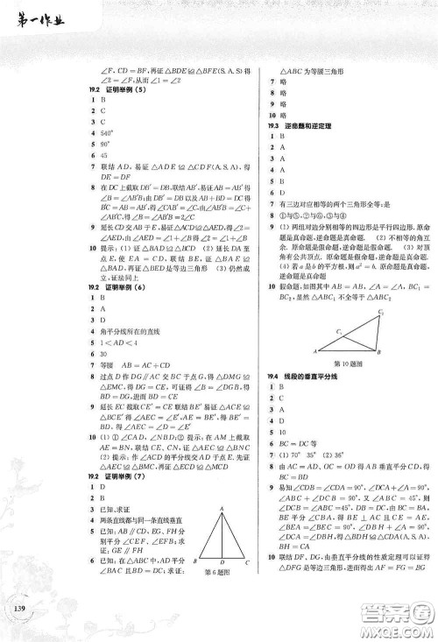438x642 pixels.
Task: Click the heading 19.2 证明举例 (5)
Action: (x=114, y=91)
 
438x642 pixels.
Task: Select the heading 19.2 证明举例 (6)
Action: (x=114, y=300)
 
